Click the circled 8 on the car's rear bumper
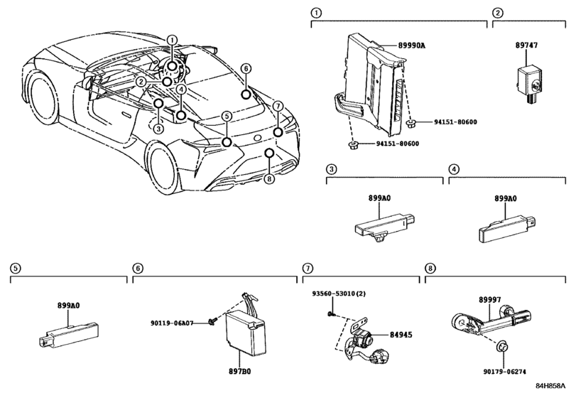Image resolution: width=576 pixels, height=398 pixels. pos(268,178)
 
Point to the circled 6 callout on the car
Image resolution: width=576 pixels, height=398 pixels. pos(245,68)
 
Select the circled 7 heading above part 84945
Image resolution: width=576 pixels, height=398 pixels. pos(308,268)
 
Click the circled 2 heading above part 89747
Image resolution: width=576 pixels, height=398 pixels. pos(498,13)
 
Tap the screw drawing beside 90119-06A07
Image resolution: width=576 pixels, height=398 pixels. pos(212,322)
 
